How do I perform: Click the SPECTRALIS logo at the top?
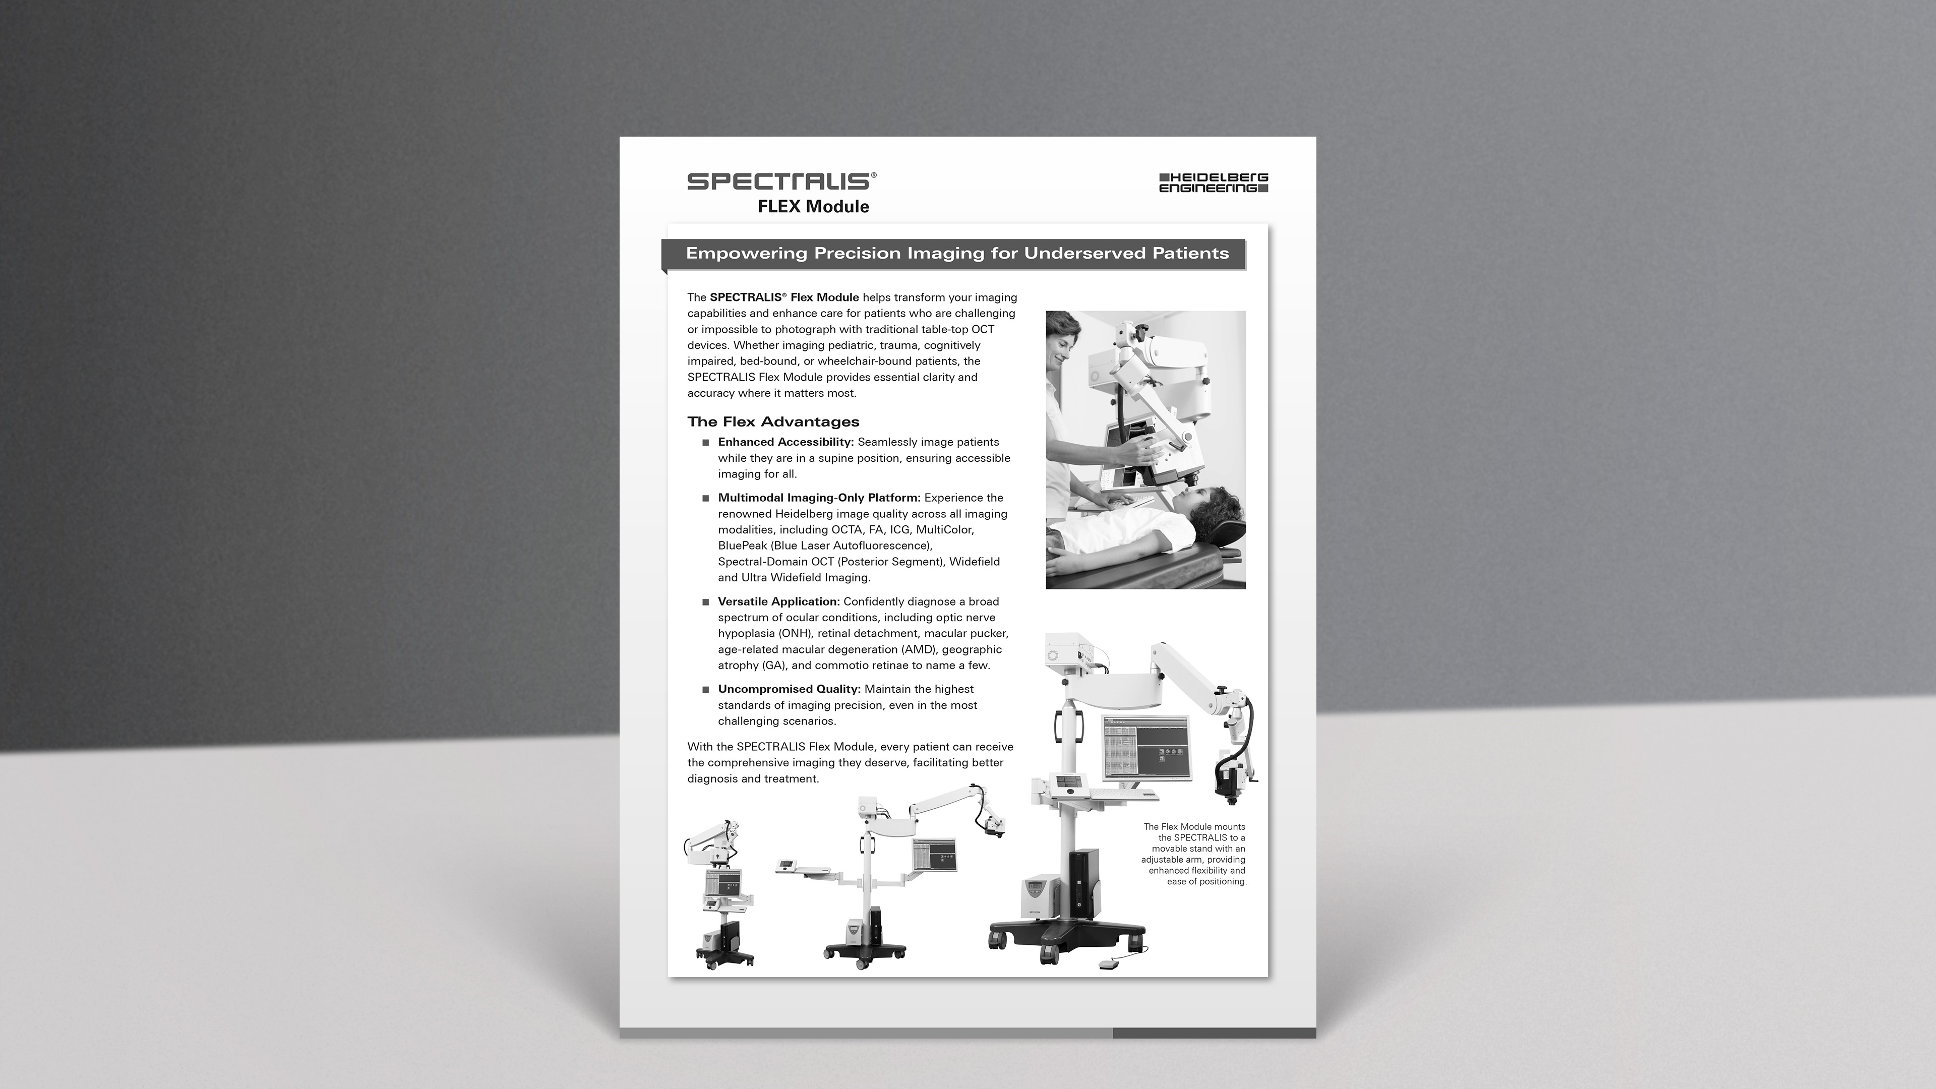781,181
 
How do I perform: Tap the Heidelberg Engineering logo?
1214,183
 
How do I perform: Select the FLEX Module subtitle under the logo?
813,207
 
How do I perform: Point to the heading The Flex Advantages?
773,421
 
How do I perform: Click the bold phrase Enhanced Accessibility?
786,442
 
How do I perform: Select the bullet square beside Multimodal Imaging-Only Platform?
706,498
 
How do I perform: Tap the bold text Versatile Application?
778,601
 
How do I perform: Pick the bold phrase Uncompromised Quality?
789,689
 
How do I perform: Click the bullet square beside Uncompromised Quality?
706,690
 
